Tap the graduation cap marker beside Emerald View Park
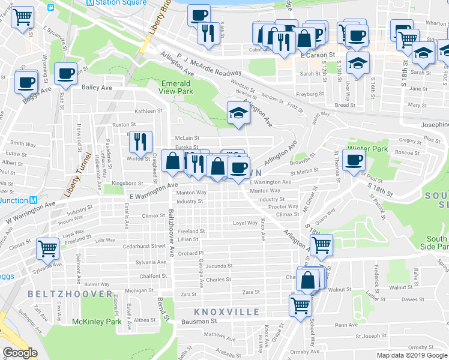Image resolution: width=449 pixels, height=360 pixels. tap(238, 113)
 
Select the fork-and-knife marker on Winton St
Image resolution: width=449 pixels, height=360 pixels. tap(140, 142)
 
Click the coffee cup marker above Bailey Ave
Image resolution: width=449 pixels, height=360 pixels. tap(65, 74)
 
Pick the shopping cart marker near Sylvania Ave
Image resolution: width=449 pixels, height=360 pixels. tap(47, 247)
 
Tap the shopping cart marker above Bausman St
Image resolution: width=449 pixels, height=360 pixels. tap(300, 304)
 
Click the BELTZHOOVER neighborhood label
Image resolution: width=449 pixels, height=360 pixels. tap(70, 294)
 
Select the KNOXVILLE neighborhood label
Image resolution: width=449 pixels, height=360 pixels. tap(227, 312)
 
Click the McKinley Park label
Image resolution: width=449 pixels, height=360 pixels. tap(97, 322)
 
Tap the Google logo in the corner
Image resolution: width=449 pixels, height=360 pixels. tap(20, 352)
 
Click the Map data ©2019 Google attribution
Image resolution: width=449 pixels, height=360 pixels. tap(412, 355)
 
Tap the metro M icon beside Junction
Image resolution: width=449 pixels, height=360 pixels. tap(34, 200)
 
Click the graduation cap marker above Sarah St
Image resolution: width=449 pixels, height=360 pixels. tap(358, 62)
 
